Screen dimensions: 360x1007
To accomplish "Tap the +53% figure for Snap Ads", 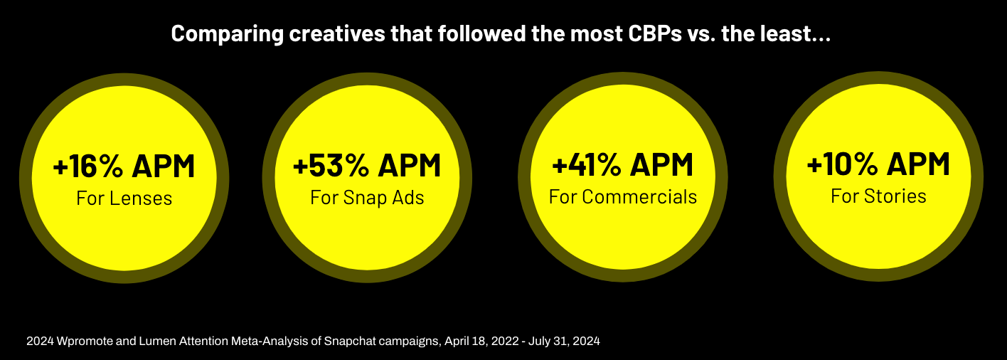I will [x=330, y=166].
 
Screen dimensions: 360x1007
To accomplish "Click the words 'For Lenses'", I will [x=124, y=198].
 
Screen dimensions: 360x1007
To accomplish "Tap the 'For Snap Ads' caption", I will [x=367, y=197].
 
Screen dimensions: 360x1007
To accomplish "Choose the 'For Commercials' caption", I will [x=623, y=196].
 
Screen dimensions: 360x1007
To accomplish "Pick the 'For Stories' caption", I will [x=878, y=195].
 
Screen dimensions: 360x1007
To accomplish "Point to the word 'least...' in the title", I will [x=798, y=34].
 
